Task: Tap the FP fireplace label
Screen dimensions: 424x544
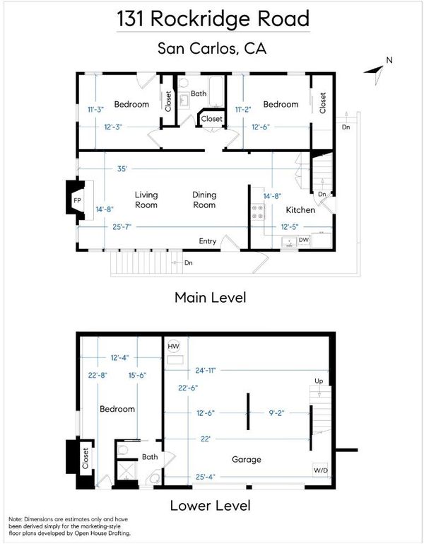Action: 77,200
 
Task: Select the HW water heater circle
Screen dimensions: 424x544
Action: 173,346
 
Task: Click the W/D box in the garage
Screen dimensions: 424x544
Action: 320,470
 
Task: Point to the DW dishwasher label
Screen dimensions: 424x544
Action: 304,240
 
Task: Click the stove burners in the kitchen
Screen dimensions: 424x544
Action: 258,212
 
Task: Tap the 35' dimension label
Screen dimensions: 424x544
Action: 122,169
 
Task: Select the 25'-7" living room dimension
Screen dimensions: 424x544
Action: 122,227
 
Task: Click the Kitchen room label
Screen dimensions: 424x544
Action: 300,210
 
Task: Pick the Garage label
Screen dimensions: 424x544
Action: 246,460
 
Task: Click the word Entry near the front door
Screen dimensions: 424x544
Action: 207,241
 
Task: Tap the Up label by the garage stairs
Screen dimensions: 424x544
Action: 319,381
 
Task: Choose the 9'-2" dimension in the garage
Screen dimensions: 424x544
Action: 276,413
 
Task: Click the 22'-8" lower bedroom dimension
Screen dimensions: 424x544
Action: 98,375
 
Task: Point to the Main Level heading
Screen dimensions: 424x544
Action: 210,298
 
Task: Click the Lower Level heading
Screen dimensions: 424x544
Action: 210,505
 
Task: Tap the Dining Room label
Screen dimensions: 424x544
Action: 204,199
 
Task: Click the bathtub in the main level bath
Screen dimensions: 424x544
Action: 216,91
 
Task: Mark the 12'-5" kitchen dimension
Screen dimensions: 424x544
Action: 290,227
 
